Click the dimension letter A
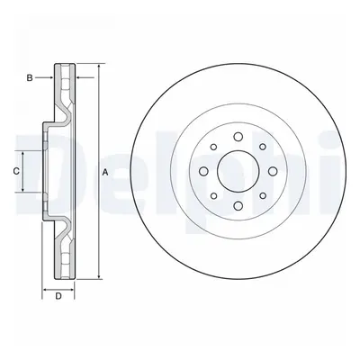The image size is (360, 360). click(105, 172)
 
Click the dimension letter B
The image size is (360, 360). click(30, 78)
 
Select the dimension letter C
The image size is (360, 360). click(16, 171)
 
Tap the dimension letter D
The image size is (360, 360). click(58, 296)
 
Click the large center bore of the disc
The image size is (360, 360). click(238, 171)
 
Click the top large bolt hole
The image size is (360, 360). click(238, 137)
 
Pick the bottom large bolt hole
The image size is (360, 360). click(238, 206)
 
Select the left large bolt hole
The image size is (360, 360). click(203, 171)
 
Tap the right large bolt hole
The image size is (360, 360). click(273, 171)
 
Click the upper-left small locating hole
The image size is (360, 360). click(213, 147)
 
